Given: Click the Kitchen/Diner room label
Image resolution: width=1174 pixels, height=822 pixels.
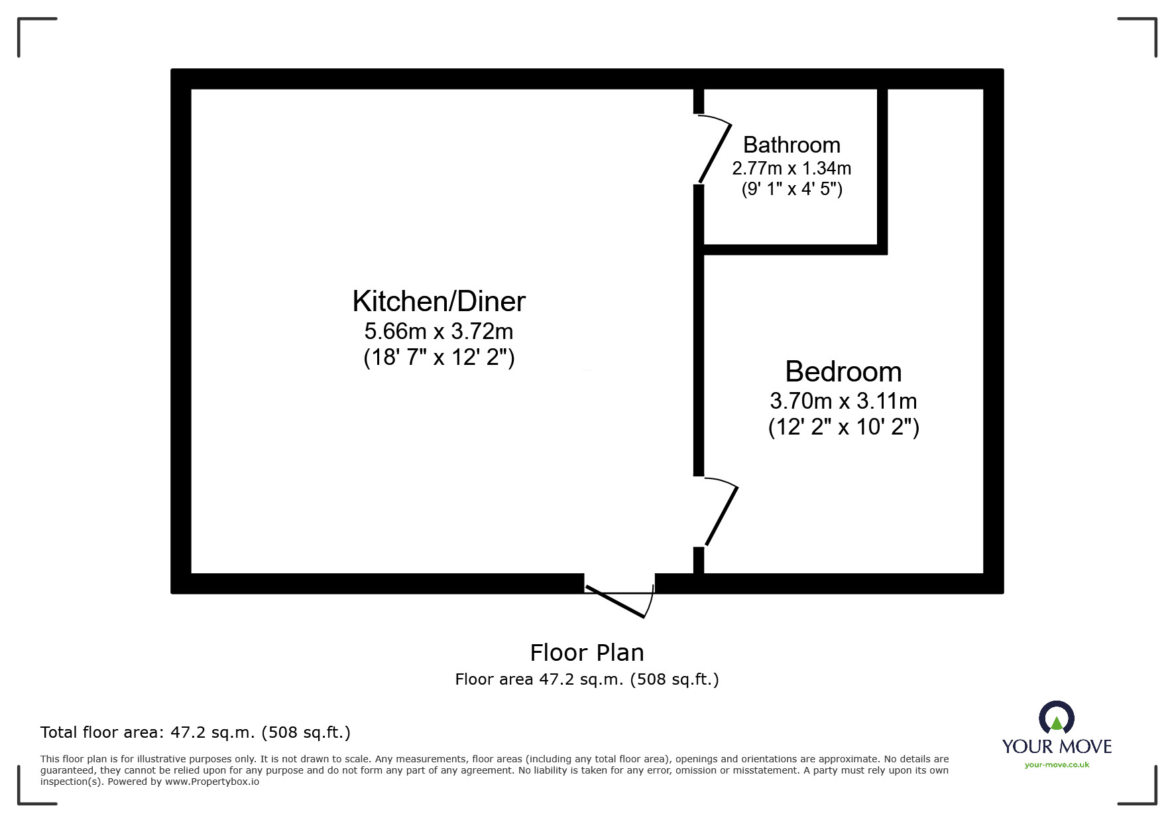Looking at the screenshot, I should [x=439, y=302].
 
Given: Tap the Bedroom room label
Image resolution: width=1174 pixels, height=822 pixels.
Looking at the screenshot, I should [x=843, y=372].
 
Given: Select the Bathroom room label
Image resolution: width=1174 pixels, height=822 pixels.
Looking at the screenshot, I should [x=792, y=145].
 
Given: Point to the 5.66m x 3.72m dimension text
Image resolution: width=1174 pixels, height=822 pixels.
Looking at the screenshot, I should [x=439, y=330].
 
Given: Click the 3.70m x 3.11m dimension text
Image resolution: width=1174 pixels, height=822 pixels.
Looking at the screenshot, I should [x=843, y=401].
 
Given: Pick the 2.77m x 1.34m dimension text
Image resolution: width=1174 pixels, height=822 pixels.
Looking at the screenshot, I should [x=792, y=168].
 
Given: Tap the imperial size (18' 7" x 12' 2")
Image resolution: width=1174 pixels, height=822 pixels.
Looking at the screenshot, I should [x=439, y=358].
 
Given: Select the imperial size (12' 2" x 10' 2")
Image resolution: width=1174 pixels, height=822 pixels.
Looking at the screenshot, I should [x=843, y=427].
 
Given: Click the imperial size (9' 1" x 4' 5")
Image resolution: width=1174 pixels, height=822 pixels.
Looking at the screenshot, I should [x=792, y=189].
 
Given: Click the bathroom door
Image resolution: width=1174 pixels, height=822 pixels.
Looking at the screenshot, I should [x=715, y=151].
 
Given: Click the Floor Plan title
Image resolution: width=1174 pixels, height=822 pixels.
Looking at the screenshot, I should [x=587, y=653].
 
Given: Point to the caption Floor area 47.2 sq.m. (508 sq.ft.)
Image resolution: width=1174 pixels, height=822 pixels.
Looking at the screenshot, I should [x=587, y=679].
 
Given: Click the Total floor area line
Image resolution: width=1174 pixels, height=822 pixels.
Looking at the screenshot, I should [x=196, y=732].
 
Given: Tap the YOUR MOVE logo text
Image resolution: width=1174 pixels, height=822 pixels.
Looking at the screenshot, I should [x=1057, y=746].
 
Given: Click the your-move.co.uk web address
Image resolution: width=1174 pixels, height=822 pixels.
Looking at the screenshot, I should [x=1057, y=765].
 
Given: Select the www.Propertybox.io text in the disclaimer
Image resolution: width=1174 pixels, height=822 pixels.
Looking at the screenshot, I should [x=212, y=782].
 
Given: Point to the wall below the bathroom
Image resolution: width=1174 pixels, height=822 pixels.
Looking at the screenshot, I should [x=794, y=249].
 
